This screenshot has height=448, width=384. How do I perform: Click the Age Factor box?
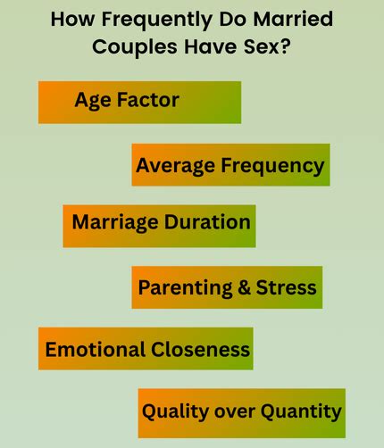point(139,103)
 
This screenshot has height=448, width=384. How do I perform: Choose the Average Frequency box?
point(230,165)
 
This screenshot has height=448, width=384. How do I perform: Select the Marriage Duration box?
point(159,226)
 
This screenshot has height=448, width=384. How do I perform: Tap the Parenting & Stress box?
point(227,287)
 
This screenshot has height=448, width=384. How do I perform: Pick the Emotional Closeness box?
point(146,349)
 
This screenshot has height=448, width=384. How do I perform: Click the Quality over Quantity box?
point(241,412)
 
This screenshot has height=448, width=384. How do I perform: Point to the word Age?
point(93,100)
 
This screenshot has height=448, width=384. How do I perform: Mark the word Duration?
point(206,222)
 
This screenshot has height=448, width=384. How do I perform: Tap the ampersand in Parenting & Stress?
point(241,287)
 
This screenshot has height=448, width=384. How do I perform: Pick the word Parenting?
point(184,288)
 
